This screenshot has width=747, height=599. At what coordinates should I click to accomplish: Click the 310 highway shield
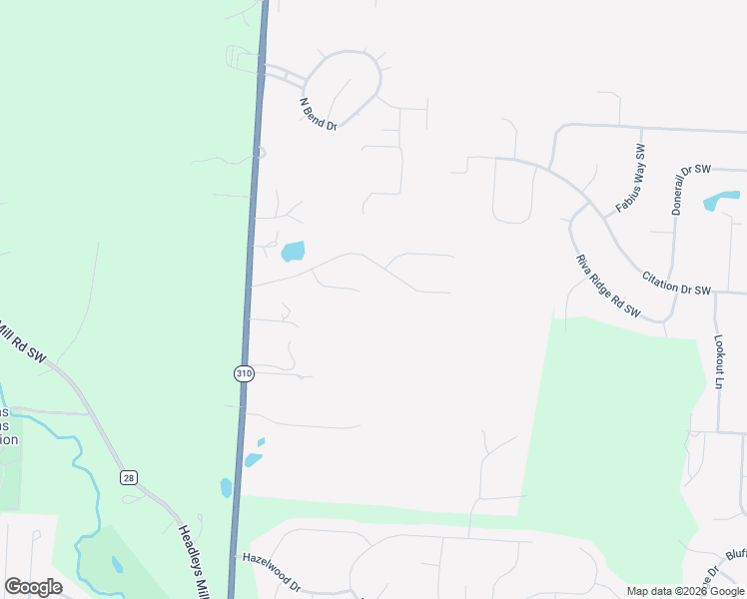coord(245,373)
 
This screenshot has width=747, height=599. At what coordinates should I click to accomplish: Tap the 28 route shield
coord(129,478)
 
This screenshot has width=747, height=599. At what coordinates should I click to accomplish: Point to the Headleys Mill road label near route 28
coord(194,559)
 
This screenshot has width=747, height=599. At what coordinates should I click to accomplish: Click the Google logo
coord(33,587)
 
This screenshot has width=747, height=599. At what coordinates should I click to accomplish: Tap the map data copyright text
coord(685,591)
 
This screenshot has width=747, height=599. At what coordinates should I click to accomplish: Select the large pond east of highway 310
coord(293,251)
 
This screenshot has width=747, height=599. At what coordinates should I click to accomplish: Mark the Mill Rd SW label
coord(22,342)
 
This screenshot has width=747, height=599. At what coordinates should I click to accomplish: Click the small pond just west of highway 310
coord(226,487)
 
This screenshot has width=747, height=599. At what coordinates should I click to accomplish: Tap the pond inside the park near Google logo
coord(117,564)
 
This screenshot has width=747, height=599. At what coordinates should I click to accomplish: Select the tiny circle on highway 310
coord(260,153)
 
